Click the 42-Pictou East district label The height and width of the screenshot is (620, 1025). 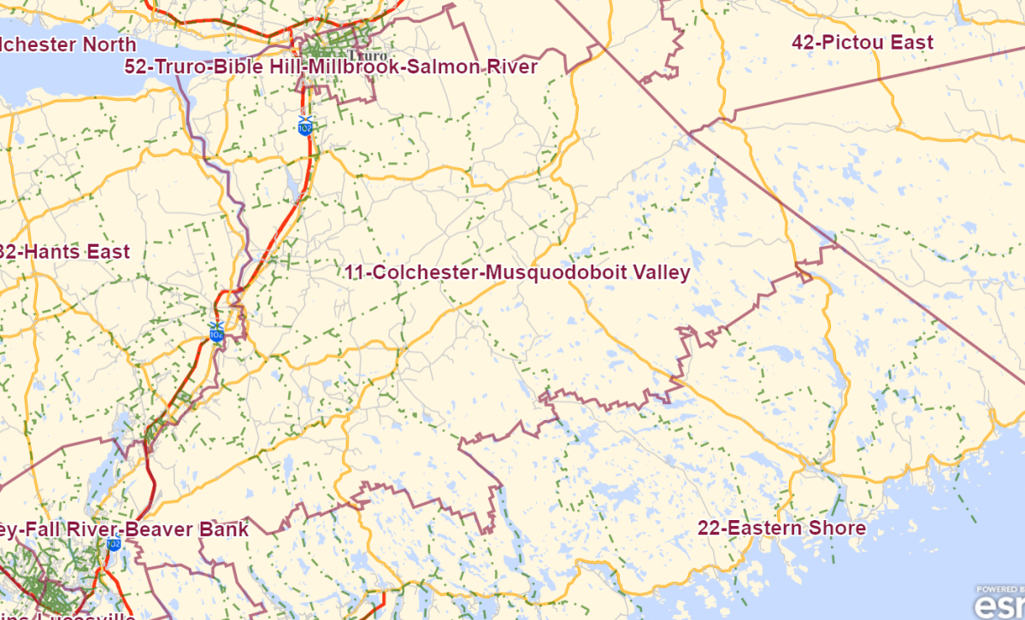click(862, 43)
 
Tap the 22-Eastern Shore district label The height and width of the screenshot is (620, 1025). click(781, 529)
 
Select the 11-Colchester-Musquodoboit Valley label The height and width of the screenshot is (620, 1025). click(517, 272)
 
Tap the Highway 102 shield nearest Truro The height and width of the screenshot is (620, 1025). click(305, 126)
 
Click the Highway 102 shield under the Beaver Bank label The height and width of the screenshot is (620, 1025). click(114, 543)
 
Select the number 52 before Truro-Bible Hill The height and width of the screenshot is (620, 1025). click(135, 67)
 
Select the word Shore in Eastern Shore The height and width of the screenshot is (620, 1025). click(839, 529)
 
